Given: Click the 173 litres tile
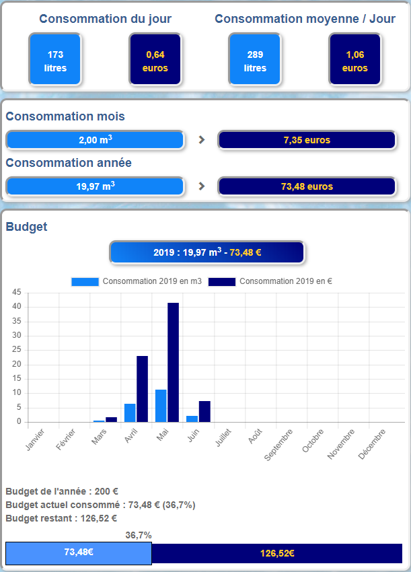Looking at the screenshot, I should [55, 60].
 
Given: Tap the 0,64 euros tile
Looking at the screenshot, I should [155, 60].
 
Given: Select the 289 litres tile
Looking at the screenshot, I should [255, 60].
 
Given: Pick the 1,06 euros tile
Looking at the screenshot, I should [354, 60].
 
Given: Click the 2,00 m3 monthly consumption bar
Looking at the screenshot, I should [95, 140].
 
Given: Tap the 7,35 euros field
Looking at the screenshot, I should [307, 140].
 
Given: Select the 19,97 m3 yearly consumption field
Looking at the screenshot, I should [95, 186].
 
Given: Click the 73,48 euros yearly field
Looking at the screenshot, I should [307, 186].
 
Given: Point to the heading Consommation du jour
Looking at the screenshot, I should [105, 19].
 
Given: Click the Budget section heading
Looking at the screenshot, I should [27, 227].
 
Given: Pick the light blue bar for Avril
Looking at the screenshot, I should [130, 413].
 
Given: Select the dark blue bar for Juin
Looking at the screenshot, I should [204, 411].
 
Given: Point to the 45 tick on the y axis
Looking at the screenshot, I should [16, 293].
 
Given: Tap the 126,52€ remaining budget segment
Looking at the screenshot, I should [276, 553].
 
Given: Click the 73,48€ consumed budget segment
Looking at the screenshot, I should [79, 552].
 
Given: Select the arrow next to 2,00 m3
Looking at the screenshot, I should [201, 140].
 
